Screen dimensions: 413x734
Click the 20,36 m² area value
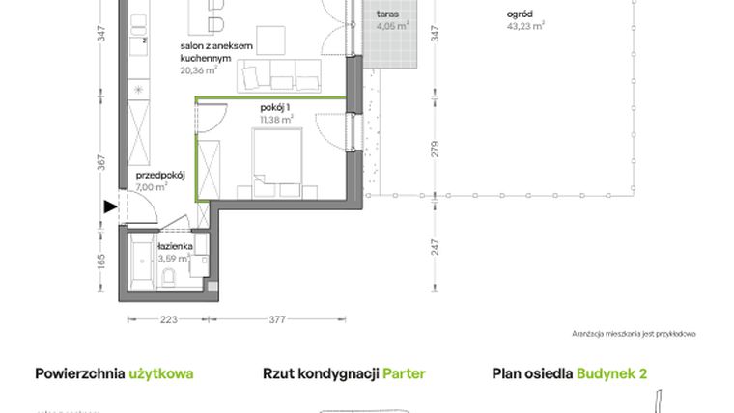pos(198,69)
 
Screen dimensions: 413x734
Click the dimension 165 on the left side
pos(99,261)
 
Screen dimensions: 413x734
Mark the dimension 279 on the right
pos(435,150)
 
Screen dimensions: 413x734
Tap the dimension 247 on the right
pos(435,249)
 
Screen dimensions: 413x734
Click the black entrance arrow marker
pos(108,206)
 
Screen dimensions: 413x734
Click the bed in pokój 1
pos(277,156)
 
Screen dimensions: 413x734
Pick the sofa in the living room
pos(280,75)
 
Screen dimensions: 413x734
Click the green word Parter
pos(404,373)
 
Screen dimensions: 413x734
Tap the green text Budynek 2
pos(612,373)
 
